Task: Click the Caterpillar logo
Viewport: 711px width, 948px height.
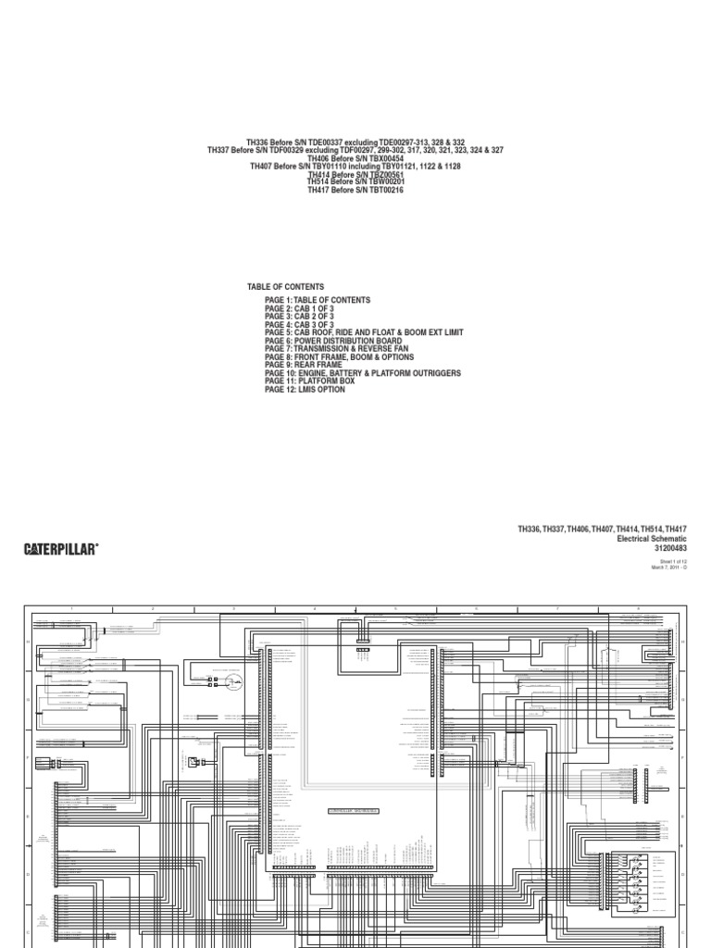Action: pyautogui.click(x=61, y=549)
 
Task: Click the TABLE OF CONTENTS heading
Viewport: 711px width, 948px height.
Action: pyautogui.click(x=285, y=287)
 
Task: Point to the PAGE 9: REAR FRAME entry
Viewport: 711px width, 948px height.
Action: pyautogui.click(x=303, y=365)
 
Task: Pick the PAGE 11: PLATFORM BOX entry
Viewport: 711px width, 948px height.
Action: pyautogui.click(x=309, y=381)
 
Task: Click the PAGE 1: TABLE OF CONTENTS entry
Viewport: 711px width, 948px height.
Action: pyautogui.click(x=317, y=301)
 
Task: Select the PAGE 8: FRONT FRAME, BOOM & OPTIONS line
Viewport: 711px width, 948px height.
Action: pyautogui.click(x=339, y=357)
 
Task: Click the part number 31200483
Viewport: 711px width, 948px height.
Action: pyautogui.click(x=668, y=548)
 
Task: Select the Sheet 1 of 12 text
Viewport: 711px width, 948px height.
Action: pyautogui.click(x=672, y=561)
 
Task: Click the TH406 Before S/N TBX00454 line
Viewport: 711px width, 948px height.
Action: pyautogui.click(x=355, y=159)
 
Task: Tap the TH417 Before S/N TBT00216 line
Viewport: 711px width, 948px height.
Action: pyautogui.click(x=355, y=189)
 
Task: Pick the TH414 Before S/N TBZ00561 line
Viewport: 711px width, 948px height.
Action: pyautogui.click(x=355, y=174)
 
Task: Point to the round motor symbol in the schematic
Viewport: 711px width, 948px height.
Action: pyautogui.click(x=233, y=683)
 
